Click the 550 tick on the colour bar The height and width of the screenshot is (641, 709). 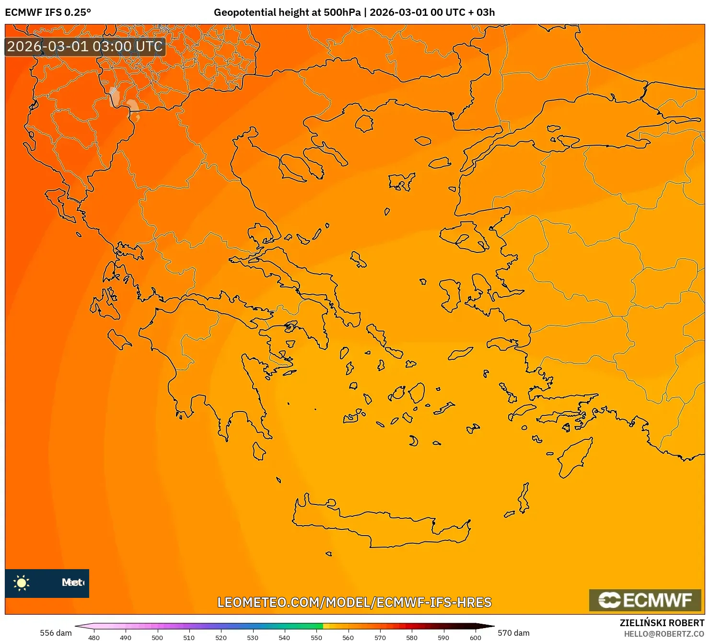(316, 637)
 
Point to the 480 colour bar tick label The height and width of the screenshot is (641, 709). (94, 637)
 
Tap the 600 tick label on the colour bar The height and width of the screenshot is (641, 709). (475, 637)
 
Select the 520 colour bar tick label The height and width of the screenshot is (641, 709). (221, 637)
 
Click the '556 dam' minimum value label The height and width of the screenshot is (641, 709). (56, 633)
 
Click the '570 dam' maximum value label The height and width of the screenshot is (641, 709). (513, 633)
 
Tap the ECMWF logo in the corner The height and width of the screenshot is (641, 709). (645, 600)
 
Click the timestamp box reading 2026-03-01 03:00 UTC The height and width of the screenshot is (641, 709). (85, 46)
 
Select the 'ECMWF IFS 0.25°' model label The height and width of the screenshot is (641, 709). (48, 12)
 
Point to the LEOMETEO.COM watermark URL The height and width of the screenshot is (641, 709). (354, 602)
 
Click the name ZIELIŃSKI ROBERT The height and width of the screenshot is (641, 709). (662, 623)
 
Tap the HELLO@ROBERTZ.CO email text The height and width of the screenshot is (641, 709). (664, 634)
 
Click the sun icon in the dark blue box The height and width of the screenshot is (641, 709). (22, 583)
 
